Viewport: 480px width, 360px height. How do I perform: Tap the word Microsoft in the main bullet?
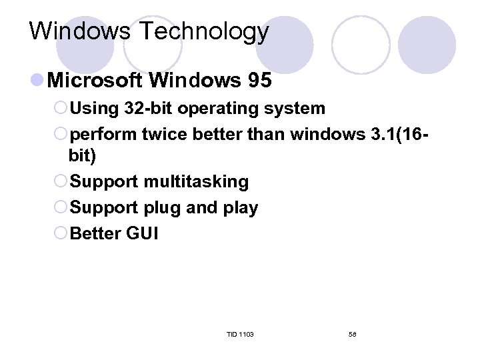(x=95, y=81)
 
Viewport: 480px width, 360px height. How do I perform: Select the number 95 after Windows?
(x=259, y=81)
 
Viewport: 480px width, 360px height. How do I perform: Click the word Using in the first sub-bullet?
(x=92, y=109)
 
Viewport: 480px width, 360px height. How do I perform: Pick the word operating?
(x=219, y=109)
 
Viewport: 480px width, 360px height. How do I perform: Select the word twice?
(x=165, y=135)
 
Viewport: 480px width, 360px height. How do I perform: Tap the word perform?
(x=103, y=135)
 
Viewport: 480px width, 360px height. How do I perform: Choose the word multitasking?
(x=196, y=182)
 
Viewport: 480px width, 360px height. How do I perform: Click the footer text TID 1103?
(x=240, y=334)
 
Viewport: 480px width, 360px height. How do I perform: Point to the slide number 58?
(x=353, y=334)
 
